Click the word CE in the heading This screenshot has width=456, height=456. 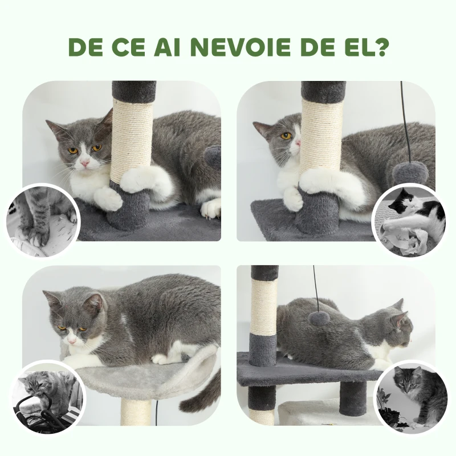tap(129, 47)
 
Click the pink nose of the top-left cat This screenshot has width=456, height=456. tap(84, 163)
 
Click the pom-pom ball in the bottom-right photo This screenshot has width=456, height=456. tap(319, 318)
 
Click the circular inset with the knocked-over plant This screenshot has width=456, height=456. tap(410, 397)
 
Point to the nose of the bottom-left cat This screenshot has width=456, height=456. tap(72, 340)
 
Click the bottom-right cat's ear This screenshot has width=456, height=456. tap(399, 316)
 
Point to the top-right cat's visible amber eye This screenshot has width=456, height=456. tap(286, 136)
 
